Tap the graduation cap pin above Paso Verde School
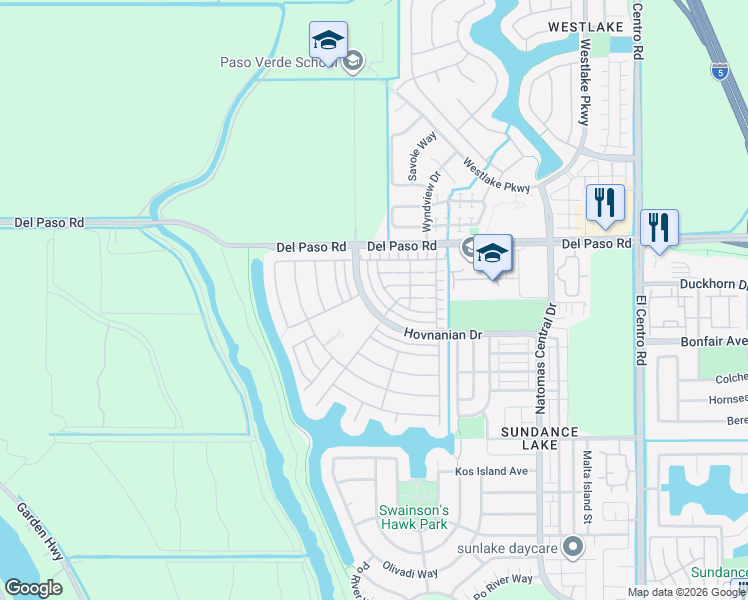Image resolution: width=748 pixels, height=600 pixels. coord(328,41)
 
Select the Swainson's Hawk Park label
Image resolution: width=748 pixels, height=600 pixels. coord(413,517)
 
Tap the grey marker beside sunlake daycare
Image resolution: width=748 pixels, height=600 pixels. coord(572,547)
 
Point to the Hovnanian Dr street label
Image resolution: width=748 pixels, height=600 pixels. coord(444,335)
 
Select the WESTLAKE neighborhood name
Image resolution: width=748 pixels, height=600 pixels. coord(584,27)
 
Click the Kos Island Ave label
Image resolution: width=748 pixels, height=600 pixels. coord(491,470)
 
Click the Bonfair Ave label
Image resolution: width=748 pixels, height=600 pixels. coord(719,341)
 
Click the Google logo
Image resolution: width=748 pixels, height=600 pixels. coord(33,587)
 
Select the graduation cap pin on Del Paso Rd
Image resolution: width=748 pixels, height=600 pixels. coord(492,254)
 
